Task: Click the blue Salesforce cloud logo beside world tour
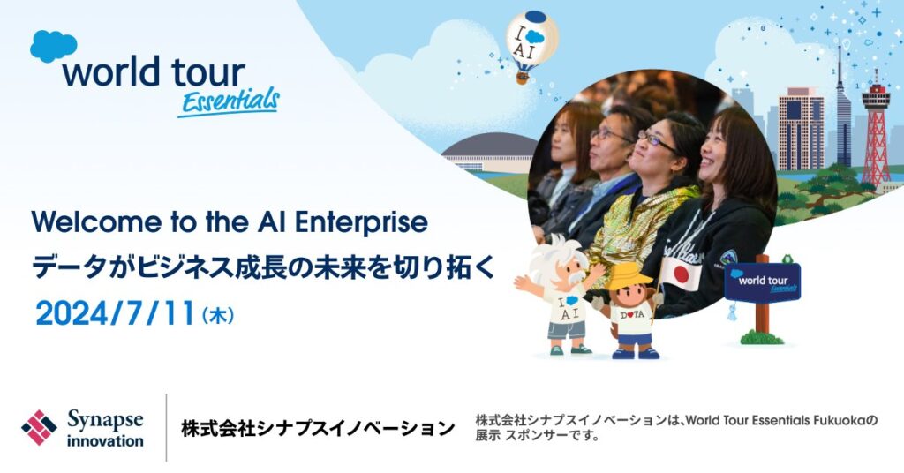coord(53,46)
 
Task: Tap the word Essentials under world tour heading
coord(229,102)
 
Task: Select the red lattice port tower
coord(876,131)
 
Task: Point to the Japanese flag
coord(681,273)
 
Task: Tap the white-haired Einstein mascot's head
coord(562,261)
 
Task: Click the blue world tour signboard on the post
coord(762,282)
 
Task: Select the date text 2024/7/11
coord(115,314)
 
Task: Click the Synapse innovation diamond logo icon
coord(39,427)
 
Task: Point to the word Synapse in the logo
coord(105,420)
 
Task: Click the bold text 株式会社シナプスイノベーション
coord(318,428)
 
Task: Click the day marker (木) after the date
coord(218,316)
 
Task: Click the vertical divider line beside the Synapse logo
coord(167,427)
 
